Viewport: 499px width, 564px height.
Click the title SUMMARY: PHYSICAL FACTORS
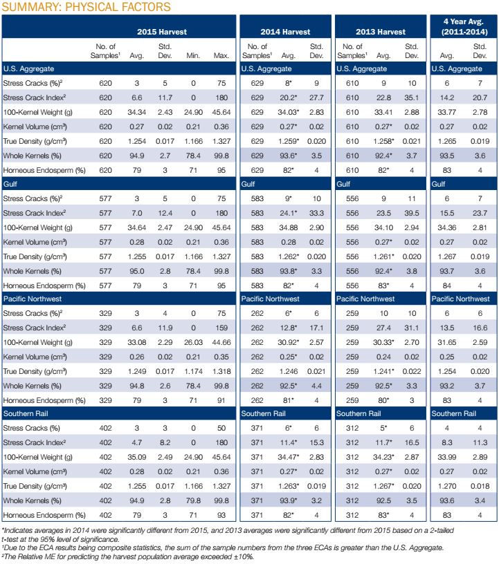coord(86,7)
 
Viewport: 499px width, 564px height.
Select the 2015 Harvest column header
coord(161,32)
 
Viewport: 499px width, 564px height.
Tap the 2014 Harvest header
coord(285,32)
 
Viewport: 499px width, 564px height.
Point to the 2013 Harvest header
coord(381,32)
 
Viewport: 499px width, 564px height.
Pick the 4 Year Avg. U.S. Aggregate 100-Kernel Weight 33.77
coord(446,111)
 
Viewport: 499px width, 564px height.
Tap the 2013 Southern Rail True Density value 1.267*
coord(383,485)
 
